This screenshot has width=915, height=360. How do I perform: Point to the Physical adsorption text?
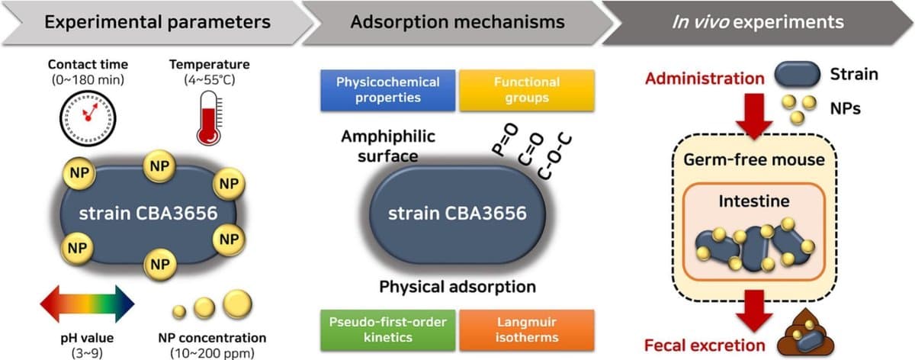[x=457, y=287]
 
